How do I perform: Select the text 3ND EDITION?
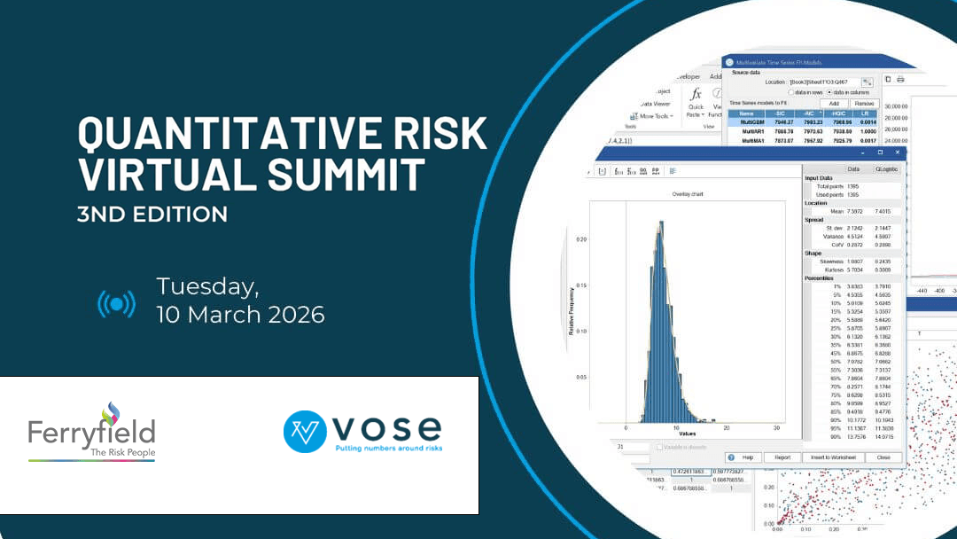click(152, 214)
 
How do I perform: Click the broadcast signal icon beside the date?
click(116, 304)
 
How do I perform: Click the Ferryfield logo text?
click(91, 432)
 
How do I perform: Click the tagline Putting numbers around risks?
click(388, 449)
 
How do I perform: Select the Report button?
click(782, 457)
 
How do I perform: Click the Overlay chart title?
click(687, 194)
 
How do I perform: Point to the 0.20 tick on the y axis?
click(580, 239)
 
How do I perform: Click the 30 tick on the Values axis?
click(775, 427)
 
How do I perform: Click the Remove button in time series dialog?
click(863, 104)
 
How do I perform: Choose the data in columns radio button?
click(829, 92)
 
